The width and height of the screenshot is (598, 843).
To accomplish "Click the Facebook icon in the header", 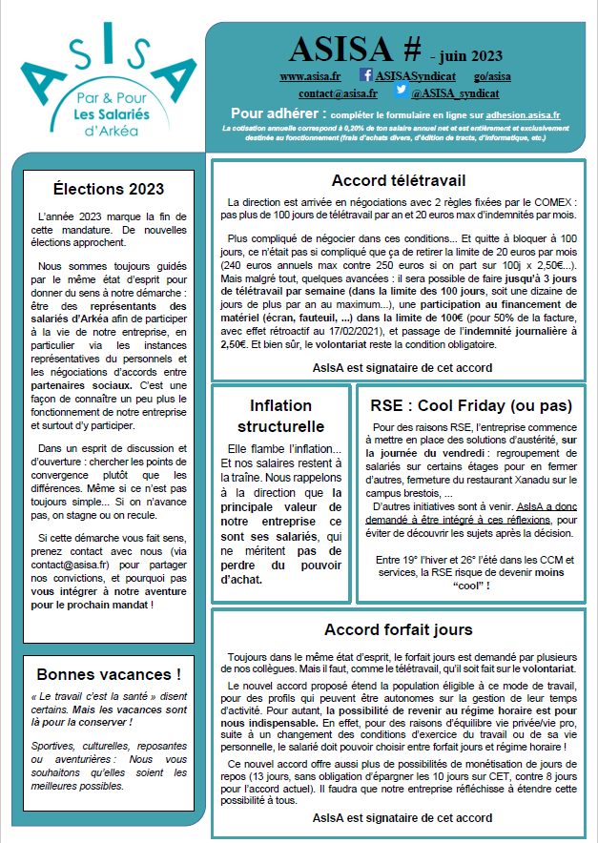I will [366, 74].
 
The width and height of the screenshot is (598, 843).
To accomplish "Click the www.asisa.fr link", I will [310, 75].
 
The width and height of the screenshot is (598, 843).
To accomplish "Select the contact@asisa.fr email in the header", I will [338, 94].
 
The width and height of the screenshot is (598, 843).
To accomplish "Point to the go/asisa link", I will [492, 75].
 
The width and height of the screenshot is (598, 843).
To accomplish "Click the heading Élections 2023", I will [108, 189].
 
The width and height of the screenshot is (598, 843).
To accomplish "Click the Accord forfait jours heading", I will [398, 629].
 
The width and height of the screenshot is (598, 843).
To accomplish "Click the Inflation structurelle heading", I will [280, 416].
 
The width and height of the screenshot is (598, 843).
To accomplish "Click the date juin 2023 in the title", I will [469, 56].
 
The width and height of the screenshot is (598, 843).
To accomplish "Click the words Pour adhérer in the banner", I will [272, 113].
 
